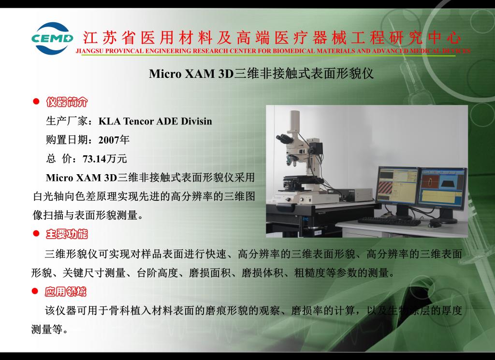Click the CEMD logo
coord(52,38)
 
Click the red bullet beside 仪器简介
coord(36,102)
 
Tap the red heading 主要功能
coord(67,234)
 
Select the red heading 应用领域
coord(65,291)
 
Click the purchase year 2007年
coord(114,140)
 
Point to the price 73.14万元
coord(105,159)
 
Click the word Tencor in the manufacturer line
coord(139,121)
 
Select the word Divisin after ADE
coord(196,121)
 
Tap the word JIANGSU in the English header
coord(89,51)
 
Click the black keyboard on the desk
coord(389,221)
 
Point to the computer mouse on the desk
coord(435,224)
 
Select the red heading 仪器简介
coord(67,102)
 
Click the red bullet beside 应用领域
coord(35,291)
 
